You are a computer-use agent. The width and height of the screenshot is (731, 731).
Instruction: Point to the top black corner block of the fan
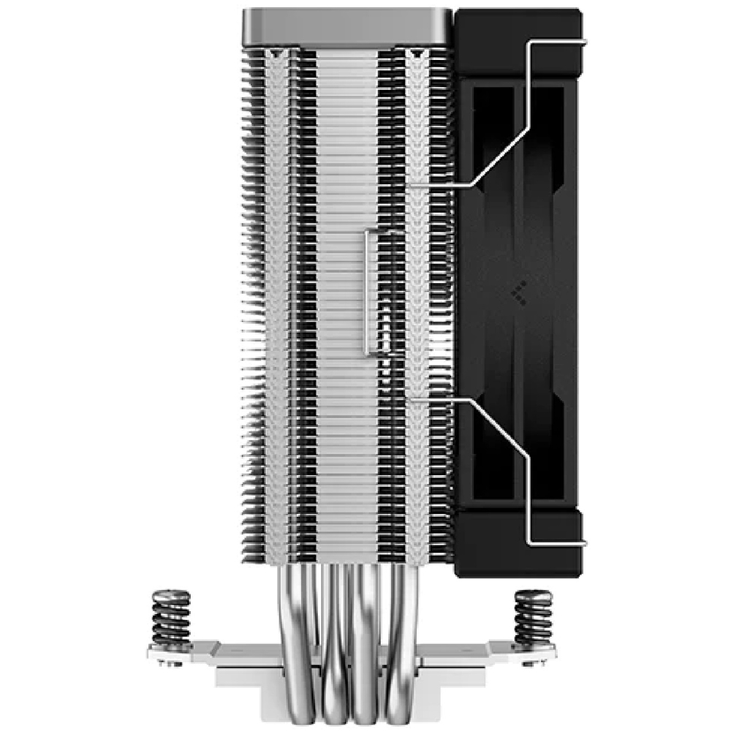(518, 43)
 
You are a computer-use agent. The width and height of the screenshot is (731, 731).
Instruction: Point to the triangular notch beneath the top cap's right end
(416, 54)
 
